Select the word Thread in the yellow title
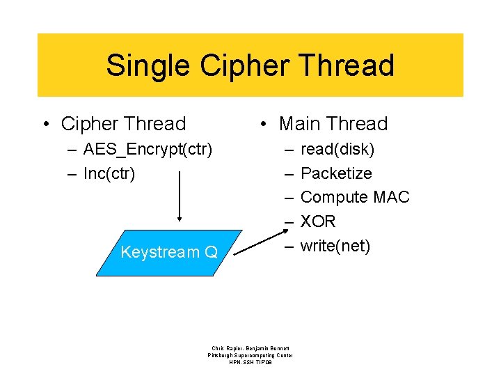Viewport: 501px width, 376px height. pyautogui.click(x=348, y=66)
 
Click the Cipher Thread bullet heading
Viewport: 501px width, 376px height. pyautogui.click(x=123, y=124)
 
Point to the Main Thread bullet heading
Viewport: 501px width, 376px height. pyautogui.click(x=333, y=124)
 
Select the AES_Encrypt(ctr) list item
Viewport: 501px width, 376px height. pyautogui.click(x=148, y=149)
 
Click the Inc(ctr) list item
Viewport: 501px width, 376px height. pyautogui.click(x=109, y=173)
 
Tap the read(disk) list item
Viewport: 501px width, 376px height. pyautogui.click(x=337, y=149)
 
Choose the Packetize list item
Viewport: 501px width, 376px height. pyautogui.click(x=336, y=173)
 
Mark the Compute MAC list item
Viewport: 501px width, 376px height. pyautogui.click(x=355, y=198)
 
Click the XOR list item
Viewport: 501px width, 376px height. pyautogui.click(x=318, y=222)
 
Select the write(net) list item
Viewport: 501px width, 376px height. pyautogui.click(x=335, y=246)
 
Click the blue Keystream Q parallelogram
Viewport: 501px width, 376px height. pyautogui.click(x=167, y=252)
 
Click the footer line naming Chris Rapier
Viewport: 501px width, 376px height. pyautogui.click(x=250, y=347)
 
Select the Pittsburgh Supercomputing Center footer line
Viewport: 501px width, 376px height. pyautogui.click(x=250, y=355)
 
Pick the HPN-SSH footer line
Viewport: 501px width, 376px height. pyautogui.click(x=250, y=363)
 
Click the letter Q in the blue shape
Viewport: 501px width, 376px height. pyautogui.click(x=211, y=252)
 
